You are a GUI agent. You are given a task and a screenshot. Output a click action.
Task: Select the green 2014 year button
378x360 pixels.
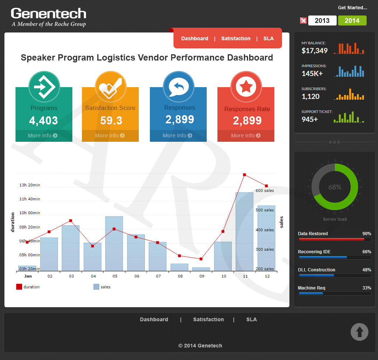(352, 21)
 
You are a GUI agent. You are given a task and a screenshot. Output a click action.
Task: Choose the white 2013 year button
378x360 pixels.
(322, 21)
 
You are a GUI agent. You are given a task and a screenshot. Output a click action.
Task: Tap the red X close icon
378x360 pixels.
(303, 21)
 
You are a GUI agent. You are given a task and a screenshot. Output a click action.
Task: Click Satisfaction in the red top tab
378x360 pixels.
(236, 38)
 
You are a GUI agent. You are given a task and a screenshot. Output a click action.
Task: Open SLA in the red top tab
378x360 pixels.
(268, 38)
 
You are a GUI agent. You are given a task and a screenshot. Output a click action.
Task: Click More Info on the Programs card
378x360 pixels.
(43, 136)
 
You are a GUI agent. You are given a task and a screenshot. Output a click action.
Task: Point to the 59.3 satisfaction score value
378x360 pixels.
(111, 120)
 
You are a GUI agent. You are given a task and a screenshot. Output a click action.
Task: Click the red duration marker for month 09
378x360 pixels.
(201, 259)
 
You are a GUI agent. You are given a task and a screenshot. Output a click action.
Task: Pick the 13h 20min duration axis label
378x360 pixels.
(30, 185)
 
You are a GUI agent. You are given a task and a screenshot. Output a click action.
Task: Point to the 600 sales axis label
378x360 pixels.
(265, 191)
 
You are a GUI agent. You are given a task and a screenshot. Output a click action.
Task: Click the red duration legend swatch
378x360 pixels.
(19, 287)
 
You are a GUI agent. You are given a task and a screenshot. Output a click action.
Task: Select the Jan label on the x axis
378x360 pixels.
(28, 276)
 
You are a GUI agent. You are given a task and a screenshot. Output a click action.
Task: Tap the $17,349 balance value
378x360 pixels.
(315, 51)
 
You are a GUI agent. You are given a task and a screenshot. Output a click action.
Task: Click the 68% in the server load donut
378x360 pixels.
(335, 187)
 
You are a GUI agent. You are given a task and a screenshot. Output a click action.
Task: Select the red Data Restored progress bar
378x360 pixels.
(331, 239)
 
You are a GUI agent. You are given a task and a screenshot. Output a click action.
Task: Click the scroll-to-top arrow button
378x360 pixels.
(360, 332)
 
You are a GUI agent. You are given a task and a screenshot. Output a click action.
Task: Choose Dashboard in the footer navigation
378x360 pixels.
(154, 319)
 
